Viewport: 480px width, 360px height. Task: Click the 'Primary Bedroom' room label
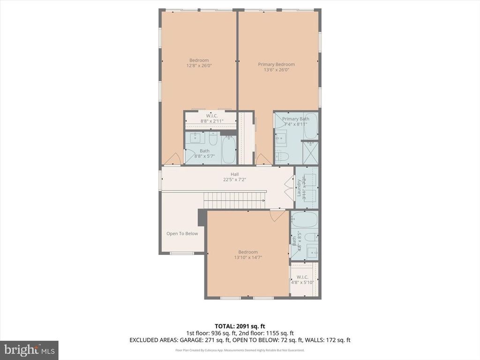pos(276,64)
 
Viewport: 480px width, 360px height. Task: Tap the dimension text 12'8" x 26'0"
pos(199,66)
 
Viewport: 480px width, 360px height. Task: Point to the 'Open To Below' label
pos(182,233)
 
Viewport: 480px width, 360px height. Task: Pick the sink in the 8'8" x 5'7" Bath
pos(194,139)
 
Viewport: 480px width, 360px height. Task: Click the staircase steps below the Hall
pos(234,202)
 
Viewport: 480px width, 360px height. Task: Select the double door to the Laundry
pos(290,188)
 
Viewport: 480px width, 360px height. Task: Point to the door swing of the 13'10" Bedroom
pos(277,216)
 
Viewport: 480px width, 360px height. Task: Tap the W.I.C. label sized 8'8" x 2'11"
pos(212,118)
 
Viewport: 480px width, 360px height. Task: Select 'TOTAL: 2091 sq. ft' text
pos(240,326)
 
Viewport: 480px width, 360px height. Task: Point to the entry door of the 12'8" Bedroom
pos(172,159)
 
